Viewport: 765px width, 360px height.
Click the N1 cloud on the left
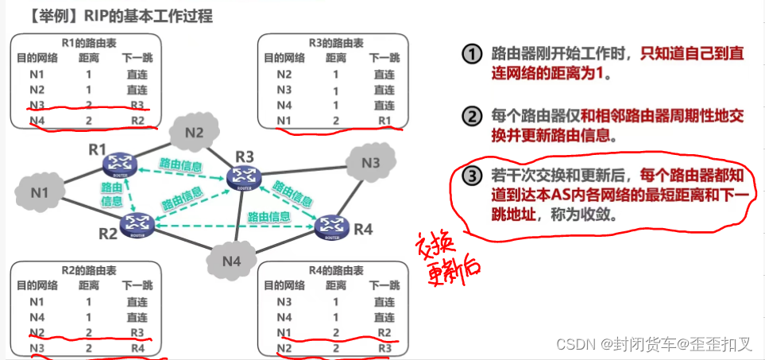pyautogui.click(x=39, y=192)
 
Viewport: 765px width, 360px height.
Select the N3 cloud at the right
pyautogui.click(x=370, y=164)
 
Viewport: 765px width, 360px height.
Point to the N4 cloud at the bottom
pyautogui.click(x=231, y=260)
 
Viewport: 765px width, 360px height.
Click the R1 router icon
pyautogui.click(x=121, y=164)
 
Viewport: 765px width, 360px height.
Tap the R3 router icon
pyautogui.click(x=243, y=177)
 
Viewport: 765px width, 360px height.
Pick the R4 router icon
pyautogui.click(x=332, y=226)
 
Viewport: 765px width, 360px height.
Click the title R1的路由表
pyautogui.click(x=85, y=44)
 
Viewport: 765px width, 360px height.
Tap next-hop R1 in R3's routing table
pyautogui.click(x=384, y=120)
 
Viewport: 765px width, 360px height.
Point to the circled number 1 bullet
pyautogui.click(x=473, y=55)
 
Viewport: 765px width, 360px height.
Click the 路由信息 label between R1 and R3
pyautogui.click(x=180, y=165)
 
